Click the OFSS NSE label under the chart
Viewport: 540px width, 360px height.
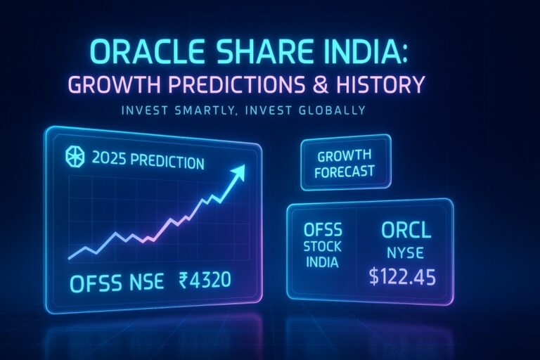117,283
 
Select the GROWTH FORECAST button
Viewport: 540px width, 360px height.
345,163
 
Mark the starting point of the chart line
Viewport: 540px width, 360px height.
68,257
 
